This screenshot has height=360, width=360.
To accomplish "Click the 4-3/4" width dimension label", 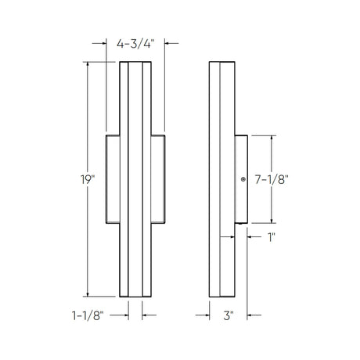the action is point(135,44).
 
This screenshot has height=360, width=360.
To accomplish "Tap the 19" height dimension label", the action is point(88,179).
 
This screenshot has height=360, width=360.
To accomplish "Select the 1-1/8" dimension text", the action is point(88,315).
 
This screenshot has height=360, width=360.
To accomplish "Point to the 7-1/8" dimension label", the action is point(272,179).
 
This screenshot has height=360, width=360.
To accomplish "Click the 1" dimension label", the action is point(272,237).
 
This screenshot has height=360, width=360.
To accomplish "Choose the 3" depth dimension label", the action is point(228,315).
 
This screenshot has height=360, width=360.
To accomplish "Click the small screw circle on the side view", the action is point(243,179).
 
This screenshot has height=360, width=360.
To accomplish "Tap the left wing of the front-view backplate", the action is point(113,179).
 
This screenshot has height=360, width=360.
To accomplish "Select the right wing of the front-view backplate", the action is point(158,179).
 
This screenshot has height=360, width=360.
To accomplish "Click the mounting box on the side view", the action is point(241,179).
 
